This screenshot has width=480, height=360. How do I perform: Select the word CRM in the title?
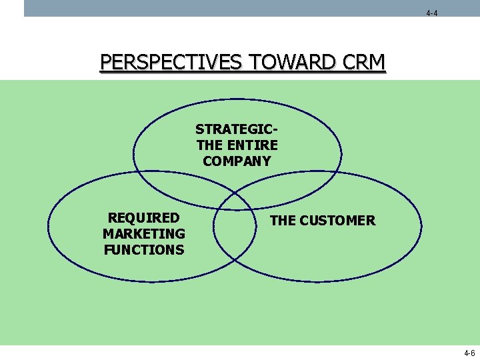[x=363, y=62]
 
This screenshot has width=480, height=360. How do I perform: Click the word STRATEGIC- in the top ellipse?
[x=237, y=129]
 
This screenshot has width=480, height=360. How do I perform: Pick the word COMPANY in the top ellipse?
[x=237, y=161]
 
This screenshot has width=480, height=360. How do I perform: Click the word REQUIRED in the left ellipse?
[x=144, y=218]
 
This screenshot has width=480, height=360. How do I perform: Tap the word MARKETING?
[x=144, y=234]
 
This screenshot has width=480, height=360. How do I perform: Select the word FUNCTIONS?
[x=144, y=250]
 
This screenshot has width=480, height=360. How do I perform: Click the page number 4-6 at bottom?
[x=469, y=353]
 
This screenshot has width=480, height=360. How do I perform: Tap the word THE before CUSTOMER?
[x=282, y=221]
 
